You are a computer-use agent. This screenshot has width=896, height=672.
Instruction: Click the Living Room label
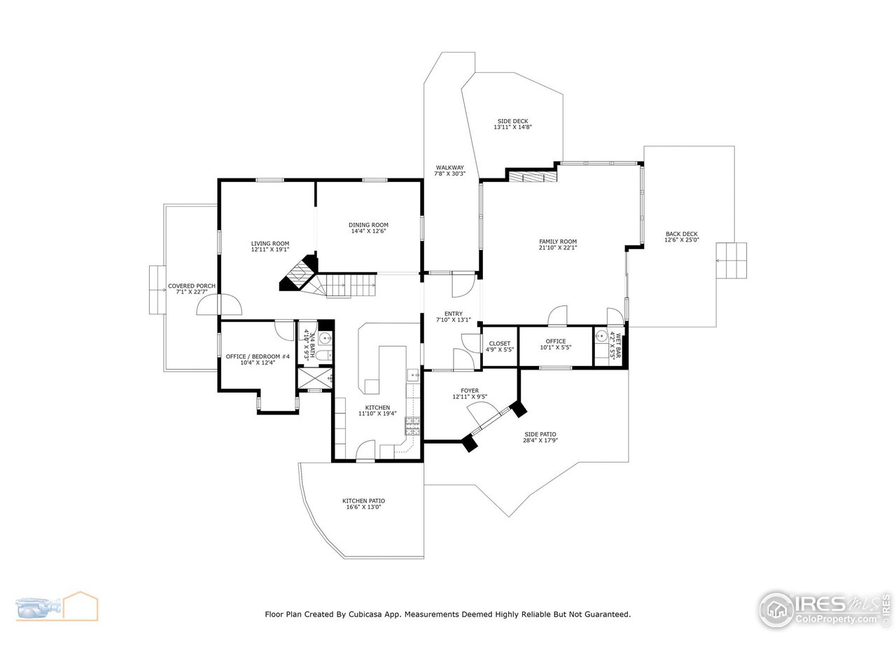coord(270,244)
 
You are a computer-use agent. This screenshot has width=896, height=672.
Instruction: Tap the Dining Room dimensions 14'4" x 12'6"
coord(368,231)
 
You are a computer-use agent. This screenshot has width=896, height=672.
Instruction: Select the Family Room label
coord(557,241)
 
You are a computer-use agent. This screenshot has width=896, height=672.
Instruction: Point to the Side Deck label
coord(513,121)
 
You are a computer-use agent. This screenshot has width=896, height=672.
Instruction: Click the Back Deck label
coord(681,234)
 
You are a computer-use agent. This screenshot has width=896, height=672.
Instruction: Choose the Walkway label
coord(449,167)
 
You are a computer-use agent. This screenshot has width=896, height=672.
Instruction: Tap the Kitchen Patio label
coord(363,500)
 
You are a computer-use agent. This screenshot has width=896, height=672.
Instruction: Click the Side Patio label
coord(540,434)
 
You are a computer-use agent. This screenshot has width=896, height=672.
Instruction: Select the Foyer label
coord(469,391)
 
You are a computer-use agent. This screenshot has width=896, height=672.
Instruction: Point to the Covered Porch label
coord(191,286)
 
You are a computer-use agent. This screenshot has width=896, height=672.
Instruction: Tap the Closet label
coord(500,343)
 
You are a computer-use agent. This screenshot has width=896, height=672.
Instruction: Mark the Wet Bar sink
coord(601,336)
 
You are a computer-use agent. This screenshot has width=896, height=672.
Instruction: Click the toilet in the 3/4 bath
coord(323,356)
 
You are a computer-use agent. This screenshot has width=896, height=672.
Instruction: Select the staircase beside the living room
coord(346,286)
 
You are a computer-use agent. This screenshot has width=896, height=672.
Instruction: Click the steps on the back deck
coord(731,261)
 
